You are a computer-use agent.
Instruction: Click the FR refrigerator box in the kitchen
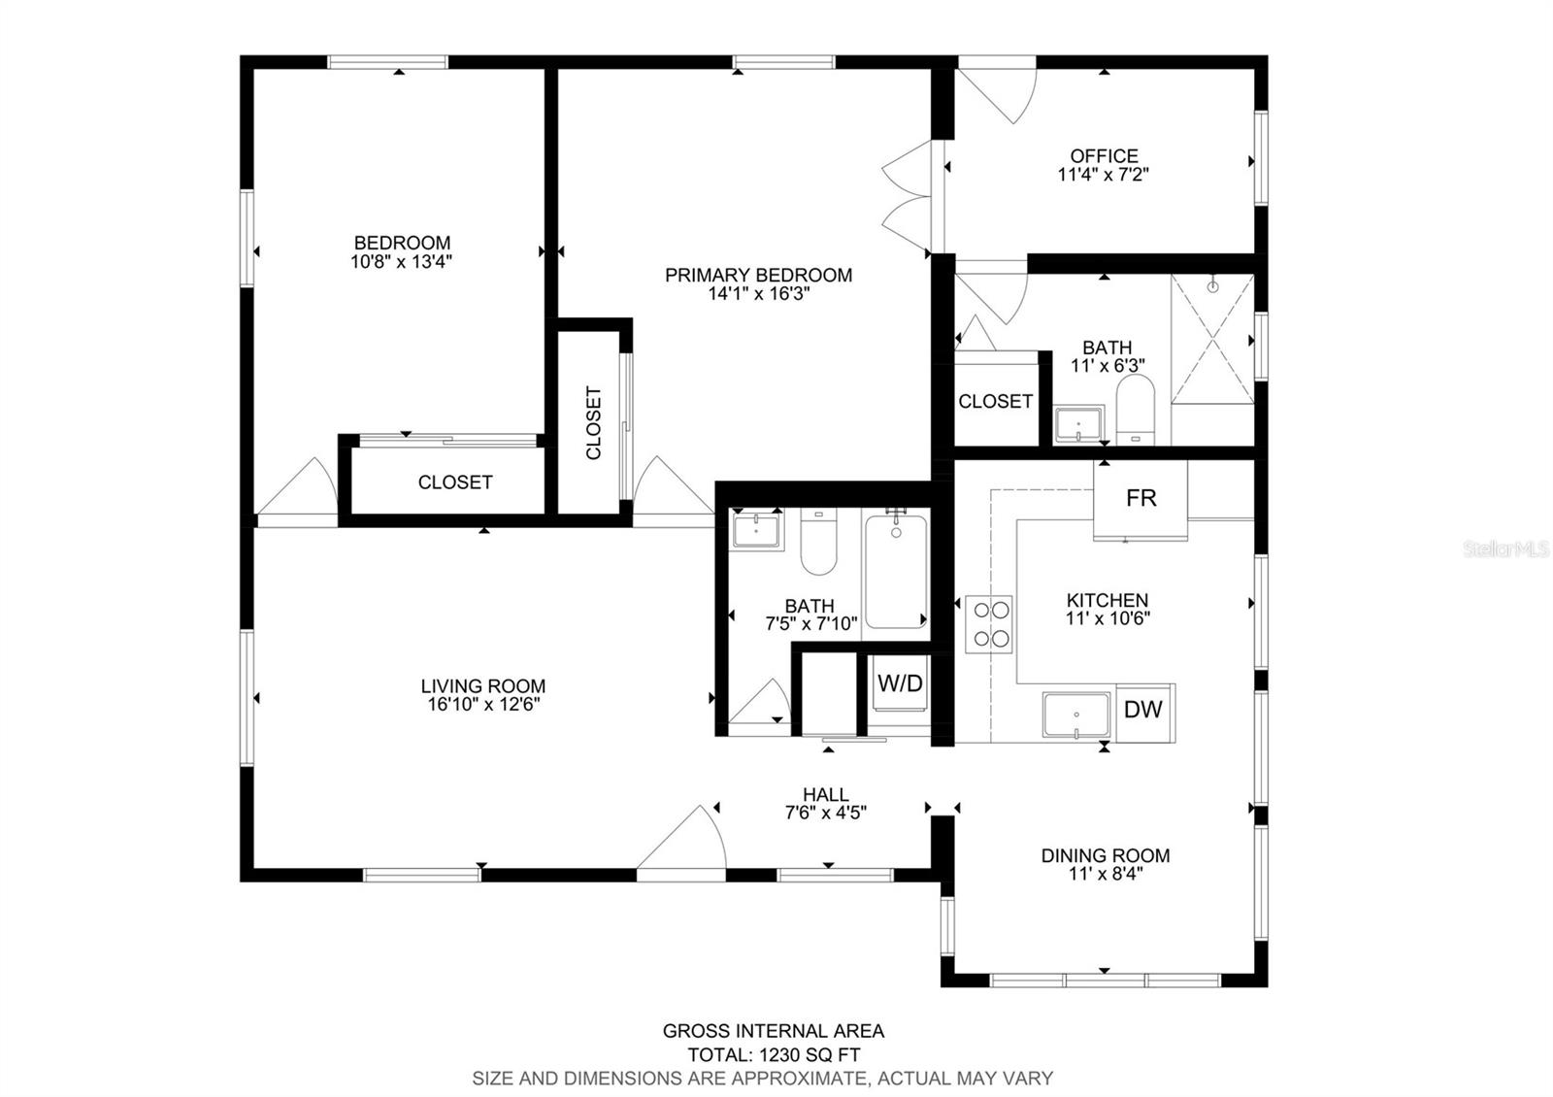[x=1140, y=499]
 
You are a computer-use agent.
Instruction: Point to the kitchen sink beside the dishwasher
[x=1076, y=715]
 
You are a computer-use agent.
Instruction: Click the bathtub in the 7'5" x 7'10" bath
[x=896, y=572]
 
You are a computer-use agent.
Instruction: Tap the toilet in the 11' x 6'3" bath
[x=1135, y=410]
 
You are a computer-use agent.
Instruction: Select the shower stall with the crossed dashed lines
[x=1212, y=339]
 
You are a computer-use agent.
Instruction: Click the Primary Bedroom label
[x=758, y=276]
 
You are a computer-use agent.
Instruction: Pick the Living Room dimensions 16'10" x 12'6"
[x=483, y=705]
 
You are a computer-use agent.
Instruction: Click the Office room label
[x=1104, y=156]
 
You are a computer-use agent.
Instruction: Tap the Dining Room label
[x=1106, y=855]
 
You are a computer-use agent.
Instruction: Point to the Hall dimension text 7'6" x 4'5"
[x=826, y=812]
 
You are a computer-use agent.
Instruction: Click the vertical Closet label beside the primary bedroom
[x=593, y=423]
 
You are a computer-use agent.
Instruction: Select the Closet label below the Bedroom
[x=455, y=482]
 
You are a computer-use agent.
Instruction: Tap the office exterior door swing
[x=997, y=96]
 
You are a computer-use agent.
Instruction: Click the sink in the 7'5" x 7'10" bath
[x=756, y=530]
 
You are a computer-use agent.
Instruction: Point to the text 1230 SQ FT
[x=810, y=1054]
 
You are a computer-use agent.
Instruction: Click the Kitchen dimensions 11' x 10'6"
[x=1107, y=617]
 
